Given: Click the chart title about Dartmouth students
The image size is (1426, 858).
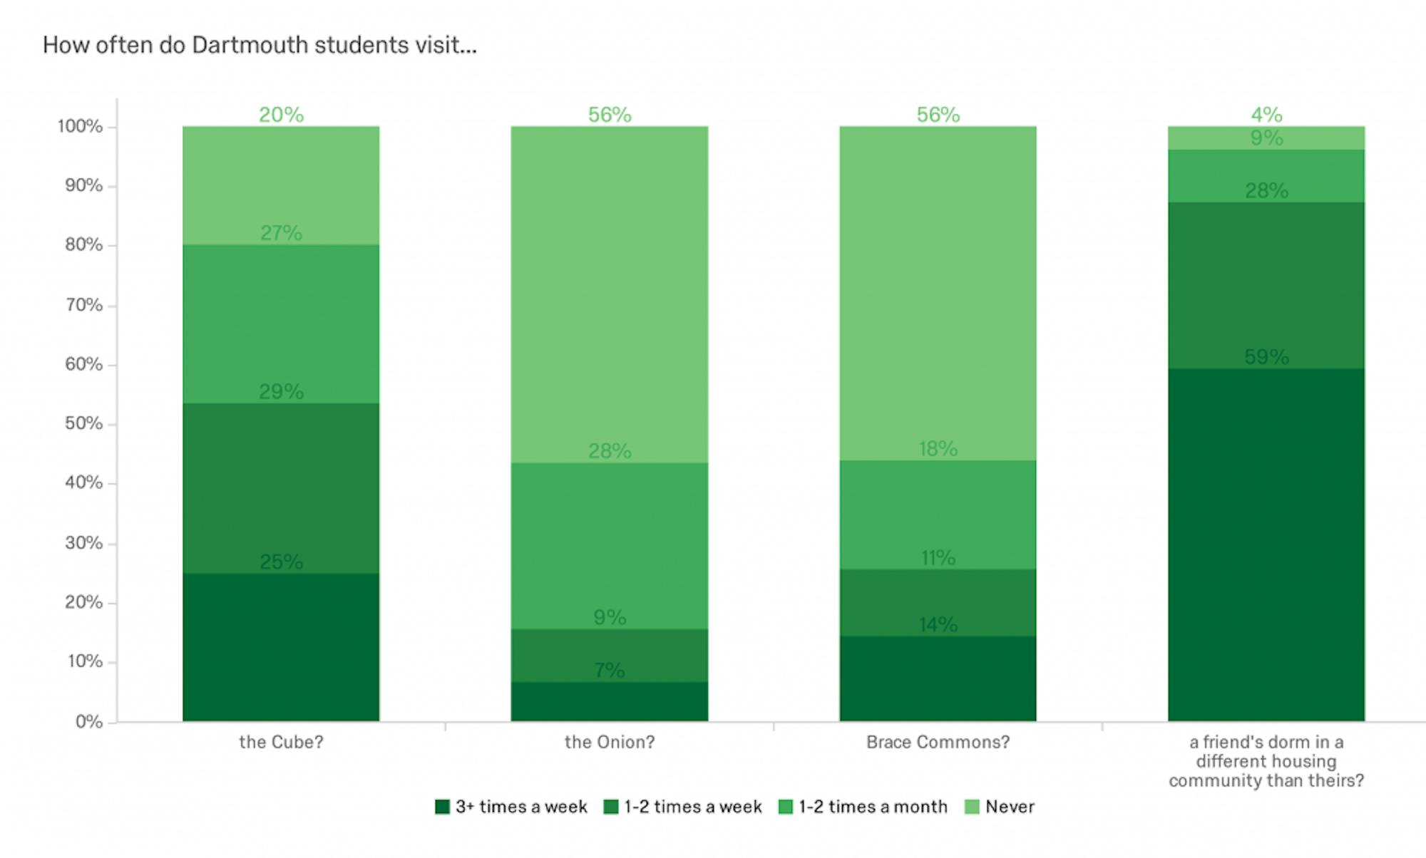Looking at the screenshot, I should [260, 46].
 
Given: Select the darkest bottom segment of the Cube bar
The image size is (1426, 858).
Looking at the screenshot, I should [281, 647].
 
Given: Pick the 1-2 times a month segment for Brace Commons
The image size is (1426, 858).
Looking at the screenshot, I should [938, 515].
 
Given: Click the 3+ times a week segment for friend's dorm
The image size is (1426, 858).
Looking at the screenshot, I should [1266, 544].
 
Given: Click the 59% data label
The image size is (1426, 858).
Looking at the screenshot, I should [1266, 357].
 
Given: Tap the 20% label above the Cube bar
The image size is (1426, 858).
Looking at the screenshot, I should [281, 115].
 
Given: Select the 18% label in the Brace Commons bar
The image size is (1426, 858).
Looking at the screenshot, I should [938, 449].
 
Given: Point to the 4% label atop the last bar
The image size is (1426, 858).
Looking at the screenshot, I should [1266, 114].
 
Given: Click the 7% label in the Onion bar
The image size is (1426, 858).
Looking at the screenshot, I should [610, 671].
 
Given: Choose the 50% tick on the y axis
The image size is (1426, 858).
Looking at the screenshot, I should [83, 423].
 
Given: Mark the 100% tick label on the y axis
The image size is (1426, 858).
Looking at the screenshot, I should [80, 127].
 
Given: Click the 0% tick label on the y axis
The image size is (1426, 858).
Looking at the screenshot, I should [88, 722].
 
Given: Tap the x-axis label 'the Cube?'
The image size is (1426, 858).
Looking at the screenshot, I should [281, 743].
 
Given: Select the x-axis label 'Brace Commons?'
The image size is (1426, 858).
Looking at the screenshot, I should [938, 743].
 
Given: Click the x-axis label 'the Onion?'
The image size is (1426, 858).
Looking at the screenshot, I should [610, 743].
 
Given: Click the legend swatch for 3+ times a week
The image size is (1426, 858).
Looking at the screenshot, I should [442, 807].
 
